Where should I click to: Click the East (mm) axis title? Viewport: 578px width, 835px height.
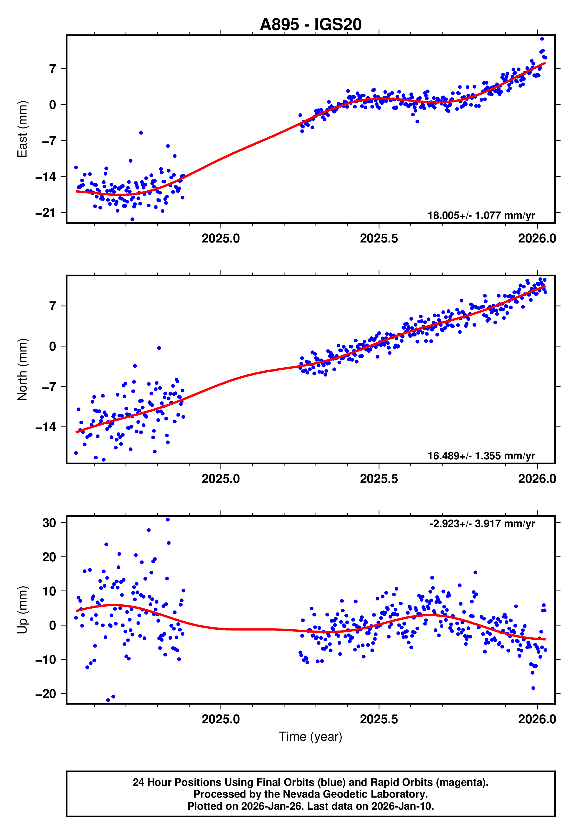(x=22, y=129)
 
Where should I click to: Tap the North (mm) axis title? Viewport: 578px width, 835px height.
(x=22, y=369)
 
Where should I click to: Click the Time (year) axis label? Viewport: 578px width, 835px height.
(x=311, y=737)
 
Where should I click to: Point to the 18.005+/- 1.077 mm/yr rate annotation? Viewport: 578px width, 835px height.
(x=481, y=215)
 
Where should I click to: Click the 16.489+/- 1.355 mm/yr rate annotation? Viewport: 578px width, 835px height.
(x=481, y=456)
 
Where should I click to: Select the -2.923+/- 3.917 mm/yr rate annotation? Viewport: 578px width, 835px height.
(x=482, y=524)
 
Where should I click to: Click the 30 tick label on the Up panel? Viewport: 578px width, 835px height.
(x=49, y=523)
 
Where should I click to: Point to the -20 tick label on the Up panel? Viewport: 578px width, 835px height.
(x=46, y=694)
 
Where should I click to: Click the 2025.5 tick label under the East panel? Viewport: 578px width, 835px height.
(x=379, y=238)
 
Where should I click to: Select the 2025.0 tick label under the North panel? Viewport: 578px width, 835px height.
(x=221, y=479)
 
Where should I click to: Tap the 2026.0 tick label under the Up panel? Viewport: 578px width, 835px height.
(x=537, y=719)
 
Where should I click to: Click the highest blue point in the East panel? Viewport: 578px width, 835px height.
(x=542, y=39)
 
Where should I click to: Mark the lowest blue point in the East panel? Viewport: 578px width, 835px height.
(x=132, y=220)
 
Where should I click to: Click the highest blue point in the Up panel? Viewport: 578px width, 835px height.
(x=168, y=520)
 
